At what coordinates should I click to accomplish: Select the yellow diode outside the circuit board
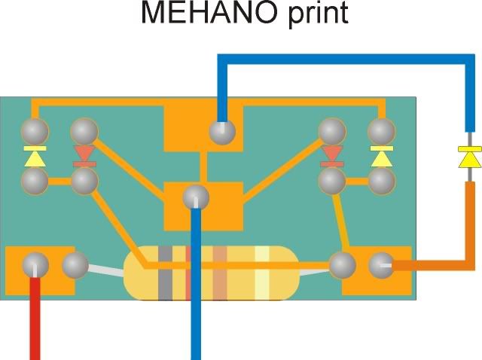point(469,158)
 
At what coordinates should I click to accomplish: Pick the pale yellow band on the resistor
point(261,272)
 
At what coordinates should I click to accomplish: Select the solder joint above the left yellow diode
point(35,133)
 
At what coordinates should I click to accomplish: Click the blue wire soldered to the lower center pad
point(197,301)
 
